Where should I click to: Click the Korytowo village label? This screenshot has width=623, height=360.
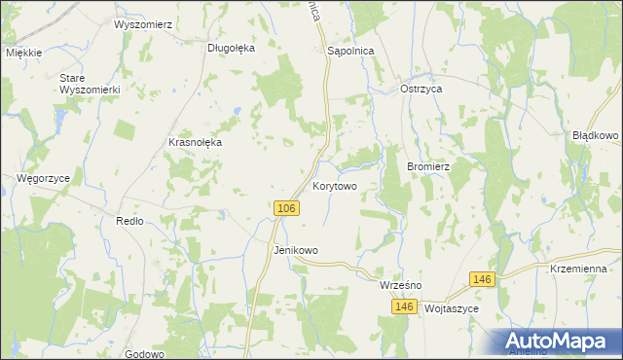[335, 185]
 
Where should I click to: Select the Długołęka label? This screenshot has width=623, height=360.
[231, 47]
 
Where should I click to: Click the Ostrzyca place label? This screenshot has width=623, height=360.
[422, 89]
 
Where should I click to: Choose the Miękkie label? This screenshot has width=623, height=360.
[25, 53]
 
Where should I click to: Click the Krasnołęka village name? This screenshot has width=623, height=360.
[196, 142]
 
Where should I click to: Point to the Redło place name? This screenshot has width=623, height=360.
[129, 221]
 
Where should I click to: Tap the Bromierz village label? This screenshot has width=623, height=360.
[427, 166]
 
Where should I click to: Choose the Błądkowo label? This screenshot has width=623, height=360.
[596, 135]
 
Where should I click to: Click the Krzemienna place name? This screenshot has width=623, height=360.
[578, 269]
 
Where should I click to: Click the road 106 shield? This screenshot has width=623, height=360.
[285, 209]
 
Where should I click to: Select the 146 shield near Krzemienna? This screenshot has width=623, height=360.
[483, 279]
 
